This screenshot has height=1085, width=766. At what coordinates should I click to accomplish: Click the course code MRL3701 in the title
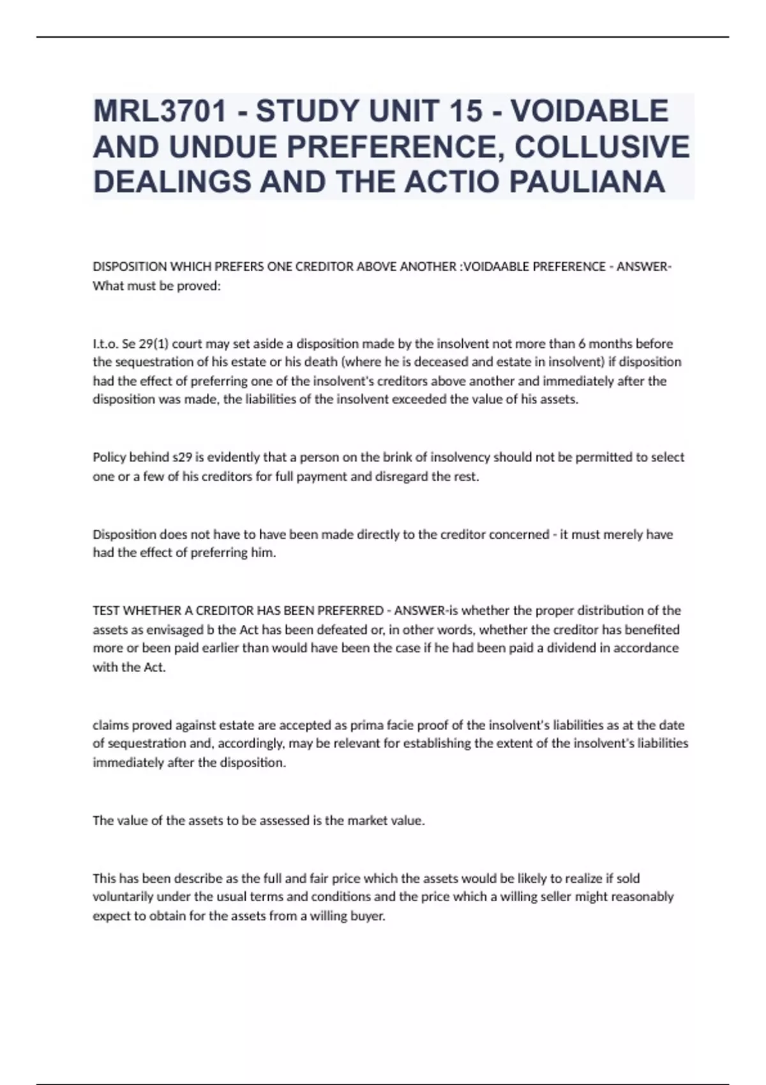coord(160,111)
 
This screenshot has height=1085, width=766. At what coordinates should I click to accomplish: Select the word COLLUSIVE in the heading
coord(601,147)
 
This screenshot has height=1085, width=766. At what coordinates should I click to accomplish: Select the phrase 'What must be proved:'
coord(156,286)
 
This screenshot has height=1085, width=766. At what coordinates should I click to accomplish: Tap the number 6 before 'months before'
coord(582,343)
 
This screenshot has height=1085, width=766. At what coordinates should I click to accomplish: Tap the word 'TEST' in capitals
coord(106,611)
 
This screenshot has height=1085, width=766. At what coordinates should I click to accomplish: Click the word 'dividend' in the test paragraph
coord(576,648)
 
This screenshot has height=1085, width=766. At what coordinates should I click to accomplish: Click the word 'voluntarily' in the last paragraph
coord(124,897)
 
